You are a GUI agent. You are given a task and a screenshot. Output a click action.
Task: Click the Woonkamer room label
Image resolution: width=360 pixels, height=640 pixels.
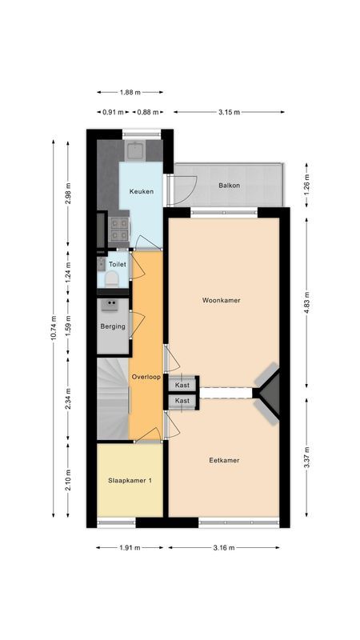point(222,301)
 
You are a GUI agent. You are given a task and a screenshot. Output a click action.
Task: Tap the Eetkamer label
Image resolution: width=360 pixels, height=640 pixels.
point(224,460)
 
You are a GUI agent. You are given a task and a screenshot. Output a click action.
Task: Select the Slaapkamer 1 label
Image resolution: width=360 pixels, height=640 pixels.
point(130,481)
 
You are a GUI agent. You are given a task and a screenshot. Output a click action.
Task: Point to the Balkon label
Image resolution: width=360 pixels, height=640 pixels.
point(230,186)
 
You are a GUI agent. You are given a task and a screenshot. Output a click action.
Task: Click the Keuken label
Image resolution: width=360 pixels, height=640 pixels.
point(141,192)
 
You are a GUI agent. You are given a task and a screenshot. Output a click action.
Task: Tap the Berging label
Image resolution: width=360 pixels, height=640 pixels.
point(113,326)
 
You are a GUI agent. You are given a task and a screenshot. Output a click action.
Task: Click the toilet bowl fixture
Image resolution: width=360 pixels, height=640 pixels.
point(113,278)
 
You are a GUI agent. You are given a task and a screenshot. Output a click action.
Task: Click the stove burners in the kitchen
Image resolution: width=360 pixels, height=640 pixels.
point(118,229)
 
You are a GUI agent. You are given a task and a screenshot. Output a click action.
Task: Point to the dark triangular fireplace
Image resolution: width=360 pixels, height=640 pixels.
point(270,391)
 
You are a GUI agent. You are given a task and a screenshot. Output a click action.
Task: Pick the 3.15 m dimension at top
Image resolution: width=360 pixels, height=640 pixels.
point(228,112)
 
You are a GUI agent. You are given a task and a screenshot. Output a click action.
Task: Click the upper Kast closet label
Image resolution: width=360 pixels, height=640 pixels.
point(182,385)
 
